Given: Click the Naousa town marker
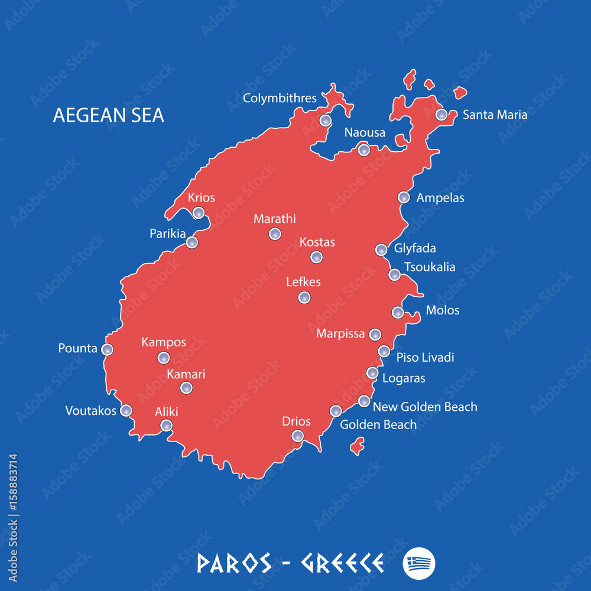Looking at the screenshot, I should click(x=364, y=150).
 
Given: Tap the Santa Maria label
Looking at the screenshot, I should click(x=495, y=115).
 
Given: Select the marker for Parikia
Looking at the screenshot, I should click(x=191, y=242).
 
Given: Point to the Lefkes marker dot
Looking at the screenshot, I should click(x=304, y=297).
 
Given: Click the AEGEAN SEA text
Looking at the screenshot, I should click(x=109, y=115).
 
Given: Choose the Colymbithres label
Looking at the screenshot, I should click(x=280, y=98).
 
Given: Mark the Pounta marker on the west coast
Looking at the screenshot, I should click(x=107, y=350).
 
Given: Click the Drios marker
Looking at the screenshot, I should click(x=298, y=436).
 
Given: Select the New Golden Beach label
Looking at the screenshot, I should click(x=425, y=407).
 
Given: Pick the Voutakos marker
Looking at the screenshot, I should click(x=126, y=410).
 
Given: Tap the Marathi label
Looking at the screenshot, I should click(x=274, y=219).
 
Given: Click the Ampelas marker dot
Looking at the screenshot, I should click(x=404, y=197).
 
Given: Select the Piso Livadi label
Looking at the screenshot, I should click(x=425, y=357).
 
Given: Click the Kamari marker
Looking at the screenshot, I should click(x=186, y=388).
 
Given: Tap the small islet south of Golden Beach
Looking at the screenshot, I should click(x=357, y=446).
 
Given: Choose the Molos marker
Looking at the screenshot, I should click(x=398, y=312).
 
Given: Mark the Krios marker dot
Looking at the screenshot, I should click(x=199, y=213).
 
